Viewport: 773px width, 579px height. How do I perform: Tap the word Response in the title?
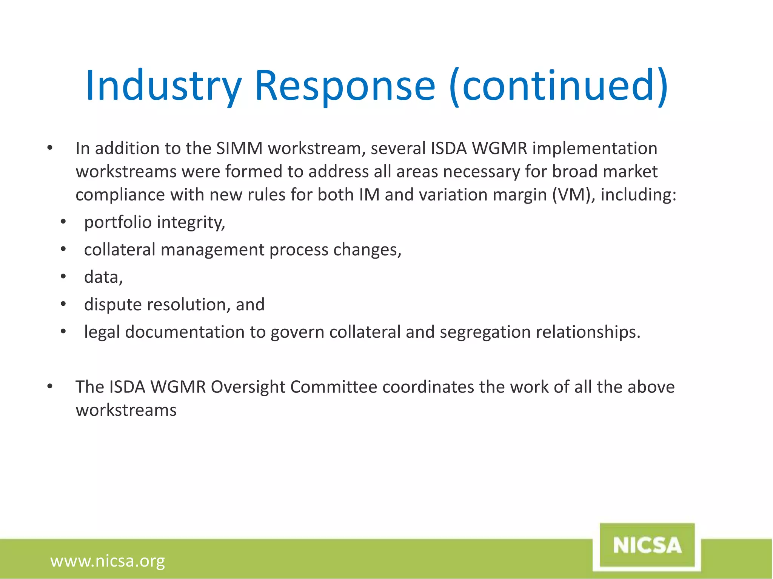pos(345,86)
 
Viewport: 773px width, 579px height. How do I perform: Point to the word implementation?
pos(595,148)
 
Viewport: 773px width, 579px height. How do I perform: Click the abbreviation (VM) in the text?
pos(573,195)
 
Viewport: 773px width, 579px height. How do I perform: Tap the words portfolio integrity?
pos(154,222)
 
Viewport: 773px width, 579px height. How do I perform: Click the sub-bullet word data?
pos(103,277)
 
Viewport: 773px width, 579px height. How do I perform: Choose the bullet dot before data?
pos(63,277)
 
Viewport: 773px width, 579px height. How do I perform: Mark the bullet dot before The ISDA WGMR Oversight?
pos(50,386)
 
